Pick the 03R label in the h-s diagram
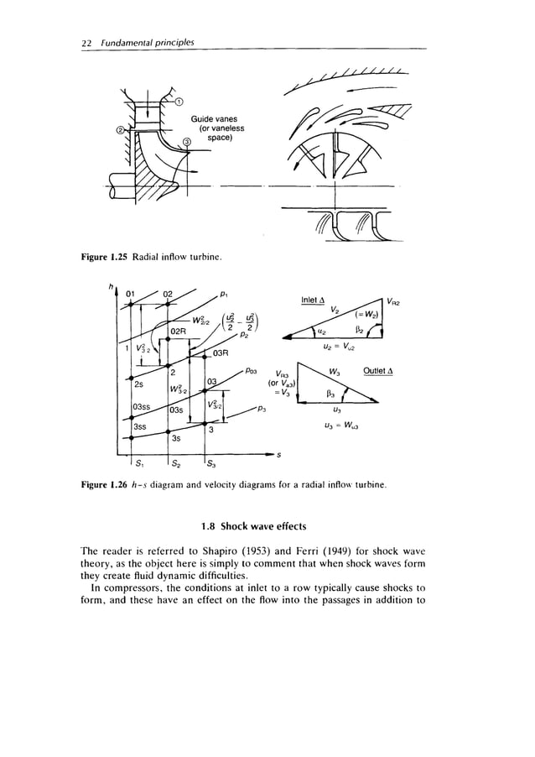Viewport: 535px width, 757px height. point(220,355)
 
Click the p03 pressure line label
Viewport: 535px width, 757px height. point(255,369)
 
